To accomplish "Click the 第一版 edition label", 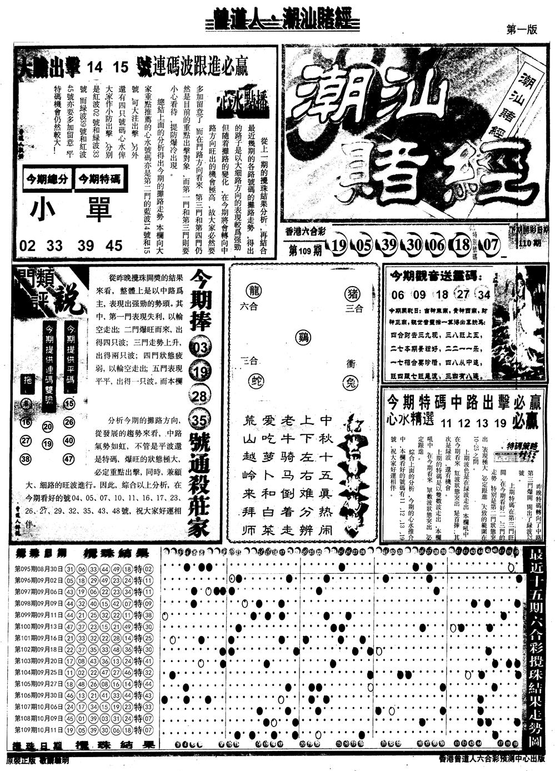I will pyautogui.click(x=522, y=31).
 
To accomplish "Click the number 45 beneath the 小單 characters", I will pyautogui.click(x=115, y=245).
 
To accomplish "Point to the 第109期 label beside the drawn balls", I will pyautogui.click(x=306, y=250).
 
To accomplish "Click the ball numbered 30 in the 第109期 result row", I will pyautogui.click(x=413, y=245).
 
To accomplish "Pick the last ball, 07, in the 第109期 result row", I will pyautogui.click(x=489, y=245).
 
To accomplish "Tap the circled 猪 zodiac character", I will pyautogui.click(x=352, y=291).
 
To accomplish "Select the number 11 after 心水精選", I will pyautogui.click(x=447, y=423).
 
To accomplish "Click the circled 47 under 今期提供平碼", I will pyautogui.click(x=69, y=459).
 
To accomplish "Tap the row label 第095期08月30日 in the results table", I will pyautogui.click(x=38, y=569).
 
